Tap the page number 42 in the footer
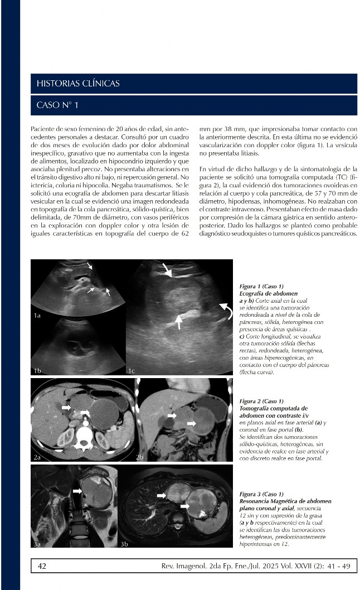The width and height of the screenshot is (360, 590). point(42,566)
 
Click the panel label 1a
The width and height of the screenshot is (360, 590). point(38,316)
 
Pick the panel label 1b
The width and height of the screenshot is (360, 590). point(38,370)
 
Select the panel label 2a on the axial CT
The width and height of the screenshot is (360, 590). point(38,457)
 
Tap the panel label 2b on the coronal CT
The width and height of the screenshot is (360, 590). point(140,457)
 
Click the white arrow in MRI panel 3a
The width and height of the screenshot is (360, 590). point(77,490)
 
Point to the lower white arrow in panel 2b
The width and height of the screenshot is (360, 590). point(191,424)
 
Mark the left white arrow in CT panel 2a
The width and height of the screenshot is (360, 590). point(66,408)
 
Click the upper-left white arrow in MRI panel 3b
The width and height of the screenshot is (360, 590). point(162,495)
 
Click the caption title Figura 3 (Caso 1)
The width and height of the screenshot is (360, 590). point(261,494)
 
